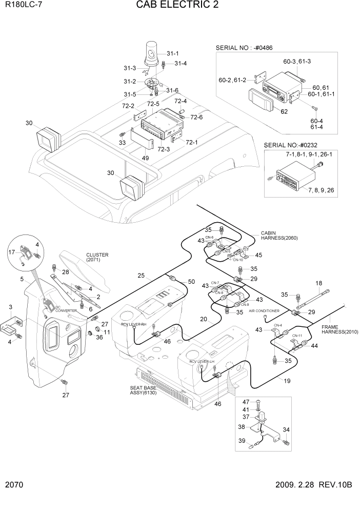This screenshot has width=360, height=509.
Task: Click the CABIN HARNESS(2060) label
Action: pyautogui.click(x=279, y=235)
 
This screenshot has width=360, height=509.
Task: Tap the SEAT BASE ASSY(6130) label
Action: pyautogui.click(x=143, y=390)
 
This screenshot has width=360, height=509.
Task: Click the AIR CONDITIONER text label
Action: pyautogui.click(x=264, y=311)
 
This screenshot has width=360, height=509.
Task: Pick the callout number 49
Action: pyautogui.click(x=146, y=158)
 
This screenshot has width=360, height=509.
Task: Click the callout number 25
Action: pyautogui.click(x=141, y=276)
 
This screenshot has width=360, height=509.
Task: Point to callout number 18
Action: pyautogui.click(x=318, y=283)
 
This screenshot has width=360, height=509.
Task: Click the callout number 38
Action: pyautogui.click(x=242, y=426)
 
